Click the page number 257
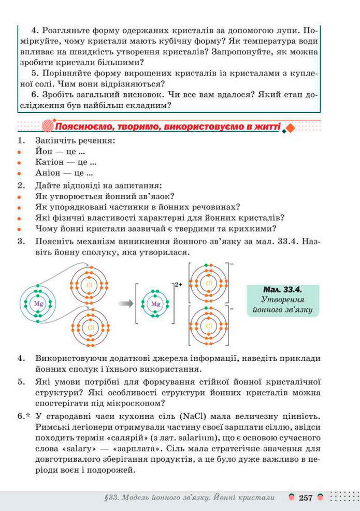pos(305,498)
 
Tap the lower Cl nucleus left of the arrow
pos(90,328)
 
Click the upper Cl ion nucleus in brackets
pos(209,283)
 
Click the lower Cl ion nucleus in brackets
pos(209,326)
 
